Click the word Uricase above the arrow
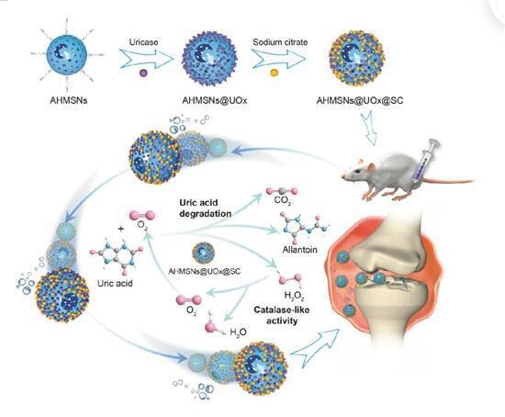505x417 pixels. click(x=143, y=42)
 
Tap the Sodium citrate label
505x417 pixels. click(x=280, y=42)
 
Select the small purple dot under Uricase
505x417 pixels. click(x=143, y=73)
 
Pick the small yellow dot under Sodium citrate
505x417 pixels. click(x=275, y=73)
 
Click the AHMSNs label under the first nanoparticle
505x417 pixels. click(x=69, y=100)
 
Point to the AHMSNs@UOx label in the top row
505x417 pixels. click(x=215, y=100)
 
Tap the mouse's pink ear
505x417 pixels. click(x=371, y=166)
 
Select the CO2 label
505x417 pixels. click(x=283, y=201)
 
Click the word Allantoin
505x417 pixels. click(x=300, y=250)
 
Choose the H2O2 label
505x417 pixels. click(x=295, y=295)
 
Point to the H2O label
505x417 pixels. click(x=238, y=332)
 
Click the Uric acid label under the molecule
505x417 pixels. click(x=115, y=283)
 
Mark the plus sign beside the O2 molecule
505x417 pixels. click(x=121, y=229)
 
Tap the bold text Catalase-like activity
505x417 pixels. click(x=282, y=315)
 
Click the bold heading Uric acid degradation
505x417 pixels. click(x=205, y=208)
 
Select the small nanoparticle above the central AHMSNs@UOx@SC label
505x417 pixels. click(x=203, y=253)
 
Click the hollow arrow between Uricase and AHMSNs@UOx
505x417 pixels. click(x=147, y=59)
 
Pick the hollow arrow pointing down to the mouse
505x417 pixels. click(x=370, y=128)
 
